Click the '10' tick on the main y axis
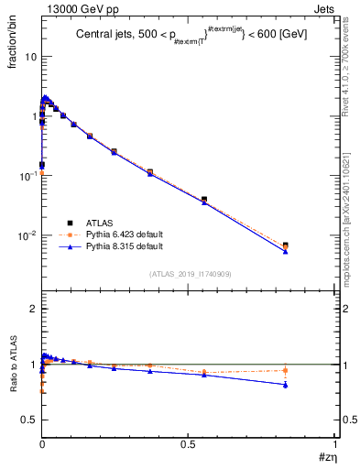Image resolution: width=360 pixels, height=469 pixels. [x=29, y=57]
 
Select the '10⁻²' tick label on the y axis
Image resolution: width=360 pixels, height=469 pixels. [x=27, y=235]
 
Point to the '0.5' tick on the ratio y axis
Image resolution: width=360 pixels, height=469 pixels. [x=27, y=420]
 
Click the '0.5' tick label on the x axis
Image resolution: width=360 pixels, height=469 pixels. [x=188, y=444]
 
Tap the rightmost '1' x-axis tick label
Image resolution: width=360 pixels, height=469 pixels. [x=336, y=444]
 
